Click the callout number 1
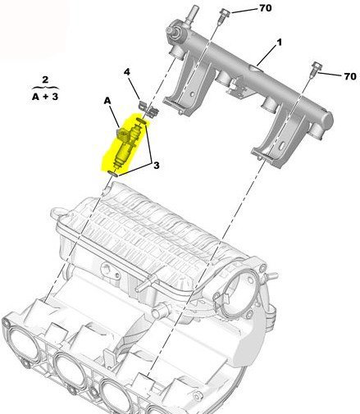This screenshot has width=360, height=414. [279, 43]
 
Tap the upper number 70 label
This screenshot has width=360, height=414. [265, 8]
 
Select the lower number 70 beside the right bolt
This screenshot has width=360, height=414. [350, 76]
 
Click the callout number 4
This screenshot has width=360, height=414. [127, 72]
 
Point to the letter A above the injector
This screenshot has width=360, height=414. [107, 101]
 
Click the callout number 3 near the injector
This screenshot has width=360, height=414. [156, 166]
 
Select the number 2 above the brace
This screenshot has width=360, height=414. [45, 80]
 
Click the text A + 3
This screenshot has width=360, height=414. [45, 97]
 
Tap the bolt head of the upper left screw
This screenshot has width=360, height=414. [224, 12]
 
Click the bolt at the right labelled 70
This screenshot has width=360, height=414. [316, 68]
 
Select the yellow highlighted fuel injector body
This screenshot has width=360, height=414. [126, 146]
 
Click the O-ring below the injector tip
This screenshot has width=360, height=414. [113, 174]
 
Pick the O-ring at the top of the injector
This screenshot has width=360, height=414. [142, 121]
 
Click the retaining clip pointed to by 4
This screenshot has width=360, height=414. [149, 109]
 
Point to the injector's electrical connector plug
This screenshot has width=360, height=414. [122, 133]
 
